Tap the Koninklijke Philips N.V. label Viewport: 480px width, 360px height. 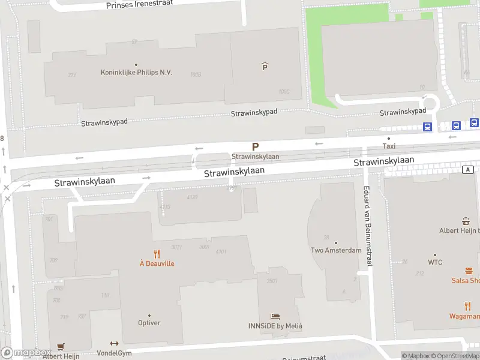coord(136,73)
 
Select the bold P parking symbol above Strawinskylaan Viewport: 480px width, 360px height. coord(255,146)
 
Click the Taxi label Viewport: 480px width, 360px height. coord(389,146)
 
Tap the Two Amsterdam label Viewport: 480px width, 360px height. coord(335,250)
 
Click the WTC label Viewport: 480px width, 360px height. coord(435,262)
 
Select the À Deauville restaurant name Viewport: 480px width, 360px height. coord(157,263)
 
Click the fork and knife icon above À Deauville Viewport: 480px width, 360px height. coord(157,253)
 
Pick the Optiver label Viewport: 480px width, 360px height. coord(149,323)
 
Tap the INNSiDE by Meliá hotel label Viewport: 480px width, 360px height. coord(275,326)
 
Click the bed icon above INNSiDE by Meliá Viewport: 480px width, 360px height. coord(275,316)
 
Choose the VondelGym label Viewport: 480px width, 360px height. coord(114,353)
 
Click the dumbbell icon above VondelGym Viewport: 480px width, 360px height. coord(114,344)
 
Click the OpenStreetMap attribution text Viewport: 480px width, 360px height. coord(455,356)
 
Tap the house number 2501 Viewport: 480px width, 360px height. coord(272,281)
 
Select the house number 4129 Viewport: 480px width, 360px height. coord(192,197)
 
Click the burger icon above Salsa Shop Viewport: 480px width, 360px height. coord(469,271)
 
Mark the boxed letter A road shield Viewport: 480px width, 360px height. coord(467,170)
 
